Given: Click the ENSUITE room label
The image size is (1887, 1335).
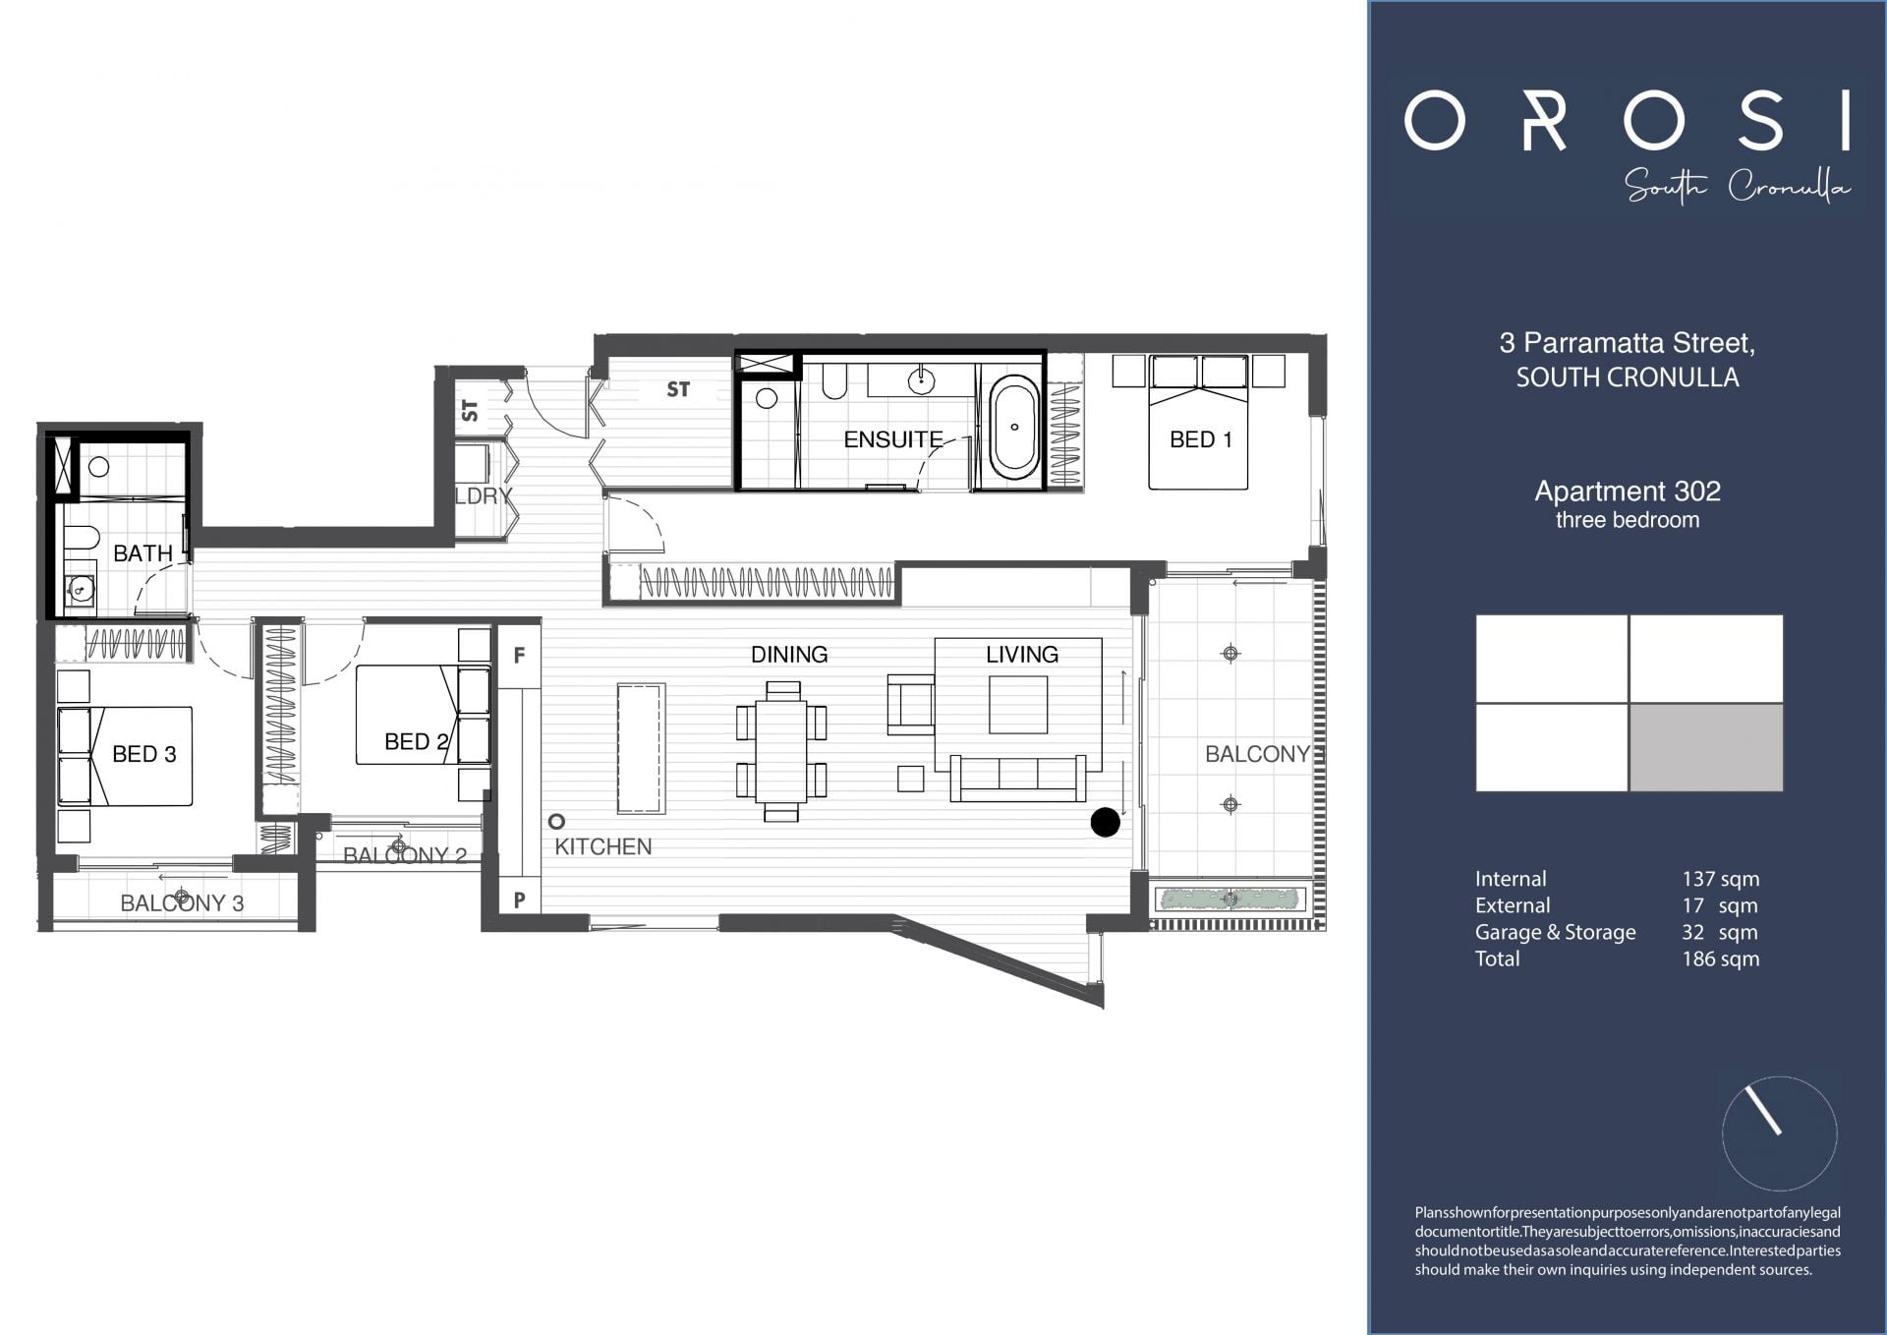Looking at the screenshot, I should (892, 439).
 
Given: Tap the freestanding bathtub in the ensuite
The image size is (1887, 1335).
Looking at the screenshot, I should (1014, 428).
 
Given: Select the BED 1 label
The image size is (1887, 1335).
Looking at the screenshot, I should (1200, 439).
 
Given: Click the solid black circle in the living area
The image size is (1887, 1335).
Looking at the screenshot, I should (1105, 823).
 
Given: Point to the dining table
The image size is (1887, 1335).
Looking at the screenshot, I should (781, 751).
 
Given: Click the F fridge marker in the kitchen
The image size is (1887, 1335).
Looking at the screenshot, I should (519, 655).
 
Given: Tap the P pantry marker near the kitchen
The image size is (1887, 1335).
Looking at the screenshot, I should (519, 899).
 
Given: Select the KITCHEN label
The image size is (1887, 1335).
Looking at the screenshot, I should (602, 846).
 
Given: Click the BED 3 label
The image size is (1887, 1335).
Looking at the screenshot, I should (143, 754).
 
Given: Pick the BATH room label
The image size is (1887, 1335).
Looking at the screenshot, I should (143, 553).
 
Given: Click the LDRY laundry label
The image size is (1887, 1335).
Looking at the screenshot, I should (484, 495).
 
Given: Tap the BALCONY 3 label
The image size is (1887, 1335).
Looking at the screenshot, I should (182, 902).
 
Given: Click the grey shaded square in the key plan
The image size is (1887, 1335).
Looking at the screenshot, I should (1705, 747).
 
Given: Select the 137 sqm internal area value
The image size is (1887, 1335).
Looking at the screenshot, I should (1720, 879).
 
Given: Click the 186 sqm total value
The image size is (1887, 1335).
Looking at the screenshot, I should (1720, 958).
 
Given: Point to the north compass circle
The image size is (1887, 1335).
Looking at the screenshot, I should (1779, 1133).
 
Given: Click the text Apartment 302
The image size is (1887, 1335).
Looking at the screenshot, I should (1627, 491).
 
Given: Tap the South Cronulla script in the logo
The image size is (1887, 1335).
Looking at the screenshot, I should (1737, 186).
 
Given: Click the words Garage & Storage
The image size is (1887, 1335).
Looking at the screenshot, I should (1555, 932).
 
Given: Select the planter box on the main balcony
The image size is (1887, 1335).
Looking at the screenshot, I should (1230, 899).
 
